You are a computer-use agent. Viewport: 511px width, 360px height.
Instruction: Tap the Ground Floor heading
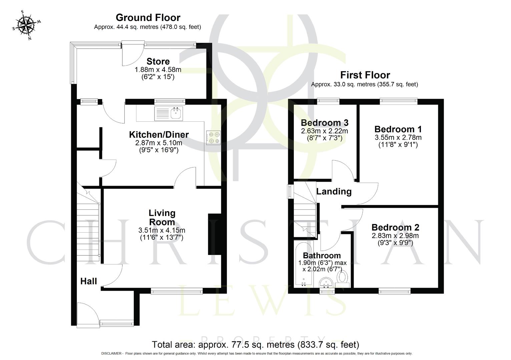(x=148, y=17)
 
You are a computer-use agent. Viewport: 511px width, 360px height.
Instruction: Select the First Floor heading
(x=365, y=75)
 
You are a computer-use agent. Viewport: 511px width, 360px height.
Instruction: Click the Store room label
(x=158, y=62)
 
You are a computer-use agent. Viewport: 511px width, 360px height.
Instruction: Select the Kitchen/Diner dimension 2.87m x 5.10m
(x=159, y=143)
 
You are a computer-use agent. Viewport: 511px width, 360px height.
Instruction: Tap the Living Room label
(x=162, y=217)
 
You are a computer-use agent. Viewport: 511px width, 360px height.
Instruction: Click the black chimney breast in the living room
(x=215, y=234)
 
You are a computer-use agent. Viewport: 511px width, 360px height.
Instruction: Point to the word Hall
(x=89, y=281)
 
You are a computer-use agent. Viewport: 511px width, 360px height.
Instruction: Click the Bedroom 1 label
(x=398, y=129)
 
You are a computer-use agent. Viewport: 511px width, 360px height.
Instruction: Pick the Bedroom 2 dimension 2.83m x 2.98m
(x=395, y=236)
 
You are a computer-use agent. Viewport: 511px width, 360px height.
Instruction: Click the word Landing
(x=334, y=192)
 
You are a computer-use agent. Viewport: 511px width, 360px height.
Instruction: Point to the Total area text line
(x=255, y=344)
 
